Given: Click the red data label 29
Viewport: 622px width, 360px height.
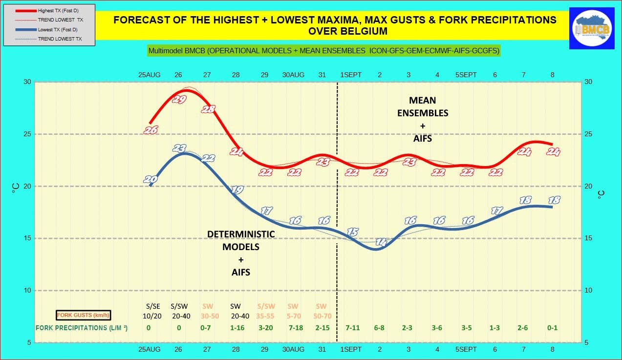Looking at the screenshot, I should click(179, 100).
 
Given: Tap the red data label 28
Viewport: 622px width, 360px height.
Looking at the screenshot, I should click(208, 109).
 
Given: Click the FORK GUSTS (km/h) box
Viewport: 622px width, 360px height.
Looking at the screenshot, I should click(83, 315).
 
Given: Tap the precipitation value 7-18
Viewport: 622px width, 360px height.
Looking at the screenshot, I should click(296, 328).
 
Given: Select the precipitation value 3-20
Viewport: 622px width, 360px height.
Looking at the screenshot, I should click(265, 328).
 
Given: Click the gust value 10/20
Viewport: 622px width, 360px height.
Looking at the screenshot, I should click(149, 316).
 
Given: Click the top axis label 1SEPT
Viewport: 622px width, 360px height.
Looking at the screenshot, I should click(351, 75).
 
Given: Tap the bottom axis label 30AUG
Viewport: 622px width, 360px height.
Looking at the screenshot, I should click(293, 350).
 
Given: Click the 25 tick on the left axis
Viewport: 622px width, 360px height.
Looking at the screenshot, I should click(27, 134).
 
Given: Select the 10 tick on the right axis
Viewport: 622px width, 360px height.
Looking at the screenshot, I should click(589, 291).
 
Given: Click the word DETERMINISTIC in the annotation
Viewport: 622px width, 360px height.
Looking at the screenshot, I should click(241, 234).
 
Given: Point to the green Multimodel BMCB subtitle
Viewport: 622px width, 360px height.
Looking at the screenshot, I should click(324, 51).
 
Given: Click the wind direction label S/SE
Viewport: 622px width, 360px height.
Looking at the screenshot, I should click(149, 306).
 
